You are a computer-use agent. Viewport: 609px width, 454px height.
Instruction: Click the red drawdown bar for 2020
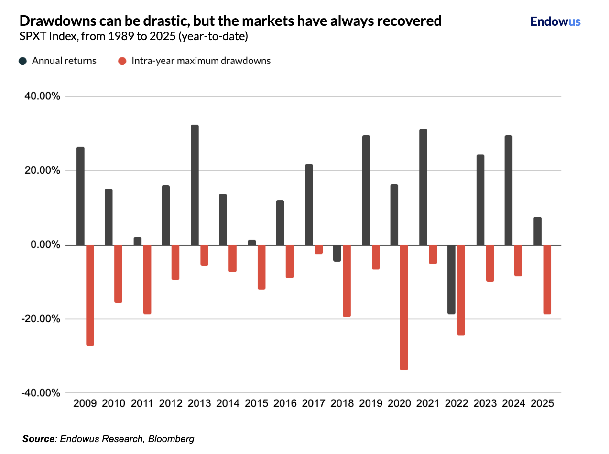[404, 307]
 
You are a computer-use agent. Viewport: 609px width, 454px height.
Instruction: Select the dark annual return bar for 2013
[195, 185]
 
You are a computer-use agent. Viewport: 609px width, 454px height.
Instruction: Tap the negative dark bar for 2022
[451, 279]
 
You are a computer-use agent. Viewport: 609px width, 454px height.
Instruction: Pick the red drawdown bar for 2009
[90, 295]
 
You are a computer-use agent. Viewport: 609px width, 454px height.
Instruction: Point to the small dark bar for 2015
[252, 243]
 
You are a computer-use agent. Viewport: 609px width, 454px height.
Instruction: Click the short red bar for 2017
[318, 250]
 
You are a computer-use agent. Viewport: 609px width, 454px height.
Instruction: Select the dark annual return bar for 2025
[537, 231]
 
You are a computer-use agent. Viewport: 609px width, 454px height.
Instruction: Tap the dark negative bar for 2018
[337, 253]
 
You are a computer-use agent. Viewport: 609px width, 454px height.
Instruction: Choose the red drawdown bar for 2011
[147, 279]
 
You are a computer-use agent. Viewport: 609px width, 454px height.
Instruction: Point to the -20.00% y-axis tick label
[42, 319]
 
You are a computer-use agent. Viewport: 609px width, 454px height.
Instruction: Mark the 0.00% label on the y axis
[45, 245]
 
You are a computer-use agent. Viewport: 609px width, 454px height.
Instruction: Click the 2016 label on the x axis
[285, 403]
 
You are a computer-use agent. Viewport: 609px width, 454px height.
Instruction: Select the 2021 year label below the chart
[428, 403]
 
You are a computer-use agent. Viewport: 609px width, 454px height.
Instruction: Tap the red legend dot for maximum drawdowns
[122, 61]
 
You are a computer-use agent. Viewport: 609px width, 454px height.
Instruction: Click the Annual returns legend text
[64, 61]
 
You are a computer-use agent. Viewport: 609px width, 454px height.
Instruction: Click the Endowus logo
[555, 21]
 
